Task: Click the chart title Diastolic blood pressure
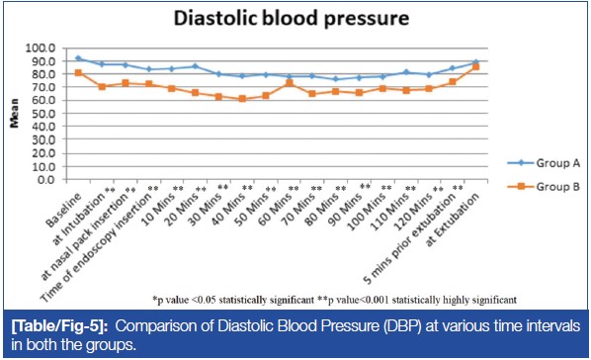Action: (291, 18)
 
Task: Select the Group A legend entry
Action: (544, 163)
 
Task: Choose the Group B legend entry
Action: (544, 186)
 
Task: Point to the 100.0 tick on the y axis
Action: (41, 47)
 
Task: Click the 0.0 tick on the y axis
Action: (46, 180)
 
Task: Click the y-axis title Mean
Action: (14, 113)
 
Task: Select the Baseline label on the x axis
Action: (63, 210)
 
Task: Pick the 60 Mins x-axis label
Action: (275, 208)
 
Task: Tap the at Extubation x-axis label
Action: (453, 220)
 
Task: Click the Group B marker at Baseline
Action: (78, 73)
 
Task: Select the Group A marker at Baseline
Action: (78, 58)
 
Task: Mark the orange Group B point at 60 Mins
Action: (290, 83)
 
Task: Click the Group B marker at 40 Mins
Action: (242, 99)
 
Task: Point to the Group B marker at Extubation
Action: (475, 67)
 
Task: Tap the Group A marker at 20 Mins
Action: (196, 66)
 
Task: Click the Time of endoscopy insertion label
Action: (99, 244)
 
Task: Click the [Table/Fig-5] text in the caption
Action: (60, 326)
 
